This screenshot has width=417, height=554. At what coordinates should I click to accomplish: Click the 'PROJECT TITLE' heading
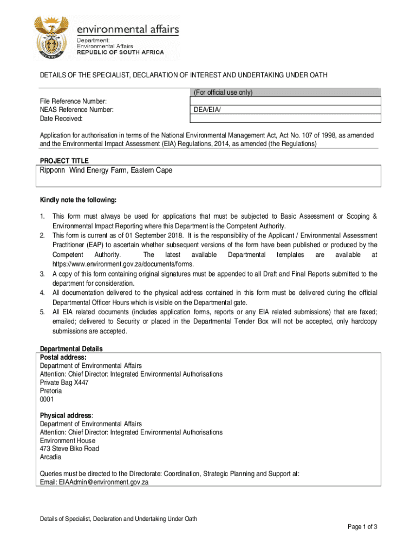pos(64,161)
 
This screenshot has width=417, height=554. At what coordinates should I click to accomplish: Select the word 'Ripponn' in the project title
pos(52,170)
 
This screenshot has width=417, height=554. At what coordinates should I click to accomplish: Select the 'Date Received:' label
pos(61,118)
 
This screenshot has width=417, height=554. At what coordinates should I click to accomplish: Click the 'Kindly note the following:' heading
pos(78,200)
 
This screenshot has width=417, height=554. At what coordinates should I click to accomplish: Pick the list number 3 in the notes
pos(42,274)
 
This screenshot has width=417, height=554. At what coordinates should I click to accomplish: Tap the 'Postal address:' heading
pos(63,358)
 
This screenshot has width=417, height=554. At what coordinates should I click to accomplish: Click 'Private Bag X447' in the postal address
pos(64,382)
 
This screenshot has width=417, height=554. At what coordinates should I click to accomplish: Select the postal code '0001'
pos(47,399)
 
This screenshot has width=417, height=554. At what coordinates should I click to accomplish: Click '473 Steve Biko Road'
pos(69,449)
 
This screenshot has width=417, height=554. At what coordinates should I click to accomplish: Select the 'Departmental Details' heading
pos(71,349)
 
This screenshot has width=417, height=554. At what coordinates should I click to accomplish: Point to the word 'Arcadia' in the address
pos(50,457)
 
